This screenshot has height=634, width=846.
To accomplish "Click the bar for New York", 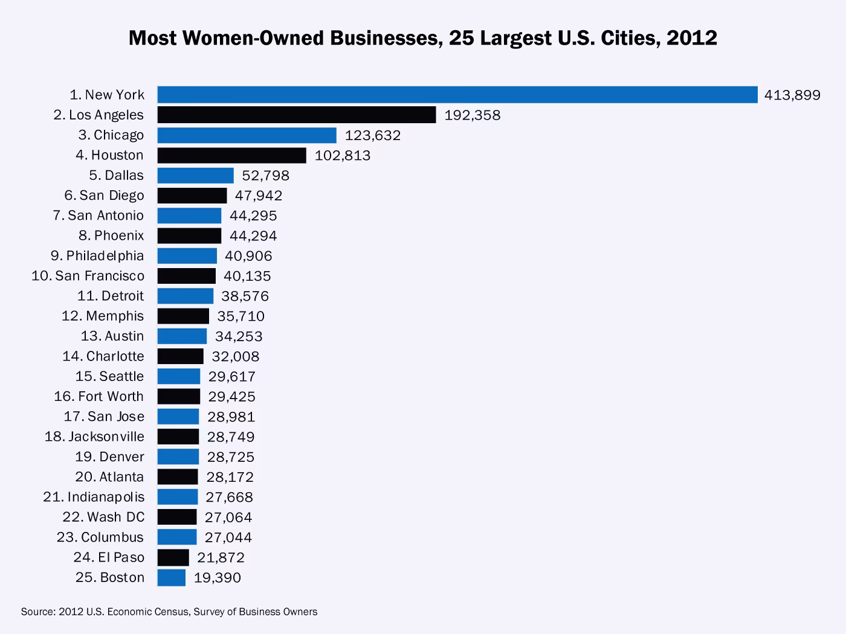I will click(457, 95).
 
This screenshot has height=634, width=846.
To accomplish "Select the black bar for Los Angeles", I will click(296, 115).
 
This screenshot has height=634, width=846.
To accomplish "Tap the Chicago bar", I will click(247, 135).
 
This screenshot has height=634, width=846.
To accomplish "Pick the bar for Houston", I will click(231, 155).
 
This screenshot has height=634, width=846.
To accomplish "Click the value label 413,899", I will click(792, 95).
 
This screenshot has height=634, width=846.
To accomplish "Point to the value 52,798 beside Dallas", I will click(265, 176).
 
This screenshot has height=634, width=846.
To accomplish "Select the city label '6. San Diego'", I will click(104, 196).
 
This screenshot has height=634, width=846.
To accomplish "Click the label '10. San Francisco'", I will click(88, 276).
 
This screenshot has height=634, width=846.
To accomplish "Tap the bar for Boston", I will click(171, 578).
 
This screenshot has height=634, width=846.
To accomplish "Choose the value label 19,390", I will click(217, 578).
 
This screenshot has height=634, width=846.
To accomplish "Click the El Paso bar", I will click(173, 557).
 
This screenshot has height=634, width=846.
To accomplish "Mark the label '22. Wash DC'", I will click(103, 517).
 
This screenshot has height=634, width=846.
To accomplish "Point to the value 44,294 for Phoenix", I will click(253, 235).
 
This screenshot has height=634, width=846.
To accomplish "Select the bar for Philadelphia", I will click(187, 256).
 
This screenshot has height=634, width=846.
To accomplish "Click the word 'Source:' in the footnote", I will click(38, 612).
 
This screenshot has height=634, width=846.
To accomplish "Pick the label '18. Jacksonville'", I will click(94, 437).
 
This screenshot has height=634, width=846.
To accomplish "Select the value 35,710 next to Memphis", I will click(241, 316).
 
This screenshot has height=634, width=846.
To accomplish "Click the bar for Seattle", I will click(178, 376).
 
